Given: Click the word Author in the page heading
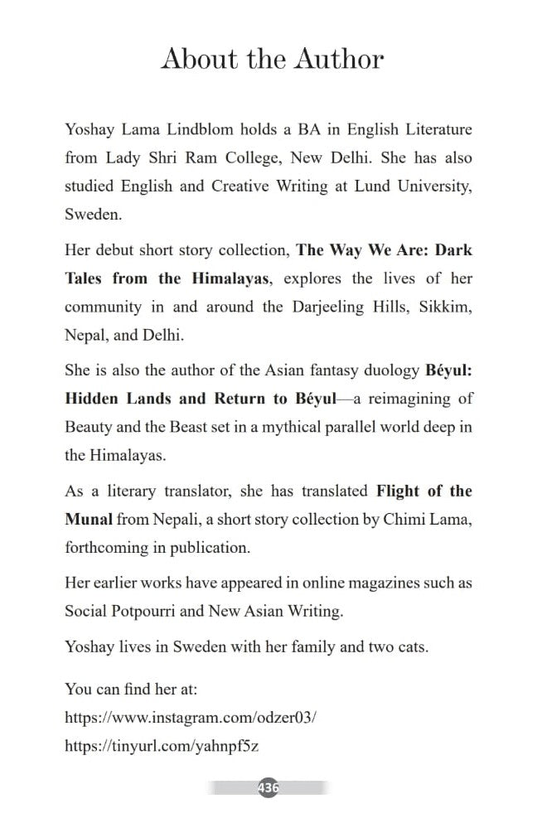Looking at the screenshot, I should tap(336, 60).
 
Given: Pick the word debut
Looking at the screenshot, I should tap(119, 249).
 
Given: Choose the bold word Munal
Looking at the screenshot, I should tap(88, 520).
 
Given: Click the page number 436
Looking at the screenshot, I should tap(268, 787).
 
